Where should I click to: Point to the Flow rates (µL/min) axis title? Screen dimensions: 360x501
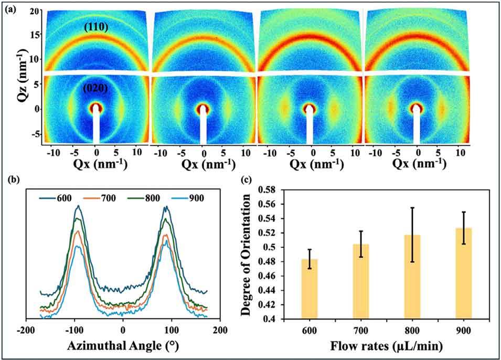[x=388, y=346]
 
